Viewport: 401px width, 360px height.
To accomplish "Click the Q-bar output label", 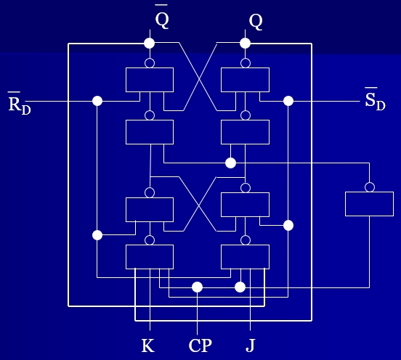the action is click(161, 17).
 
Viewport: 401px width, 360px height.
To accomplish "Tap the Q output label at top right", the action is click(256, 22).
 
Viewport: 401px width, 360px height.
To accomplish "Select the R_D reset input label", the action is click(20, 104).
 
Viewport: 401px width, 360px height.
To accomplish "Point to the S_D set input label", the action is click(375, 99).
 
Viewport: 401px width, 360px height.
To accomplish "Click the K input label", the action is click(148, 345).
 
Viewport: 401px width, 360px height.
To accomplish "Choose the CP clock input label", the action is click(200, 345).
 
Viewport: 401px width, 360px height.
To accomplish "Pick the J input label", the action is click(251, 345).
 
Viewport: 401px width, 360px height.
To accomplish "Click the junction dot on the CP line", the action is click(197, 287).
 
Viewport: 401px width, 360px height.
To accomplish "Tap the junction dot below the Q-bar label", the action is click(150, 43).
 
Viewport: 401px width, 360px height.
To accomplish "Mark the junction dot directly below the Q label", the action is click(245, 43).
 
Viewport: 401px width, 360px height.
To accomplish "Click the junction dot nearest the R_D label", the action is click(97, 101).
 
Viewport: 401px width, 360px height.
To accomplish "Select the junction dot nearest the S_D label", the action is click(288, 101).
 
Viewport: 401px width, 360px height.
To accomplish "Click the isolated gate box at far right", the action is click(369, 204).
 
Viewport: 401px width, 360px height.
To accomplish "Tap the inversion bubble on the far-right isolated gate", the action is click(370, 187).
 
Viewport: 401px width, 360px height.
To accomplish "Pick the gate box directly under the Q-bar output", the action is click(150, 80).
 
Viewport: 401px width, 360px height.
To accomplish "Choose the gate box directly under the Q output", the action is click(245, 80).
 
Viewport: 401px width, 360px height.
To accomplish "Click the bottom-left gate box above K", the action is click(150, 257).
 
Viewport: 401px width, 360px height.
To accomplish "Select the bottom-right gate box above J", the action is click(245, 257).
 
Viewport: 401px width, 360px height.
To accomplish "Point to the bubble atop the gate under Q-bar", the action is click(150, 63).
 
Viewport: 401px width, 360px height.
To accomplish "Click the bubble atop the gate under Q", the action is click(246, 63).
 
